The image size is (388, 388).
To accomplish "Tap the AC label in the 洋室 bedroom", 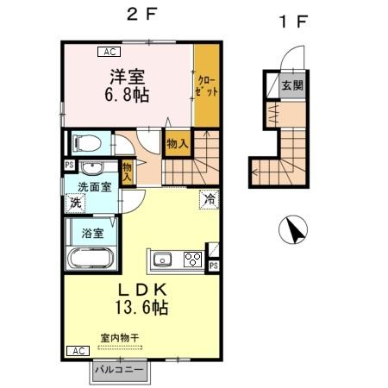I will click(110, 52).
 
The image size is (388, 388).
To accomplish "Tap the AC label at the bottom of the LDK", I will click(77, 351).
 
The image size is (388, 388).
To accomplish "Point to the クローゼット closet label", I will click(205, 86).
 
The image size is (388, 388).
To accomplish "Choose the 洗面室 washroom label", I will click(94, 187).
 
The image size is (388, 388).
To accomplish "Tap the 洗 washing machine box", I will click(75, 204).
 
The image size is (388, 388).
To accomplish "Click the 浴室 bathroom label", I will click(92, 233).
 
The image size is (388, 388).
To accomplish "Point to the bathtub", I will click(90, 258).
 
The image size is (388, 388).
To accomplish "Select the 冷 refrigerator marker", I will click(209, 199).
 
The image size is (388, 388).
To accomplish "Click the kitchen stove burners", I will click(192, 259).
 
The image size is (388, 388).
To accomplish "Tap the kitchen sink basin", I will click(164, 259).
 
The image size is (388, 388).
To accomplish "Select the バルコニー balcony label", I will click(120, 371).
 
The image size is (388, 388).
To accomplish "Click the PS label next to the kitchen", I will click(213, 266).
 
